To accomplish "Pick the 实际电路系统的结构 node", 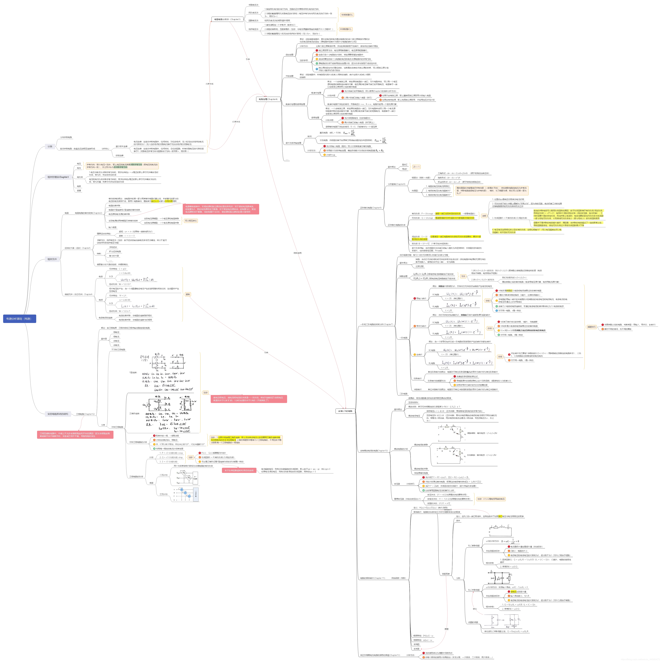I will [58, 414].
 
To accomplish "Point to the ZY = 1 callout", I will [416, 167].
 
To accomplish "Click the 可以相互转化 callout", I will [191, 221].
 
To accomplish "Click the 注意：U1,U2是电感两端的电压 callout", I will [491, 499].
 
